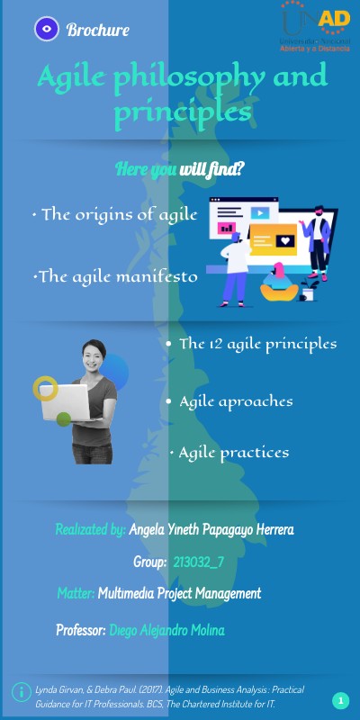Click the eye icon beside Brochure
click(47, 30)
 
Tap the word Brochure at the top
click(98, 31)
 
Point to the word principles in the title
click(182, 113)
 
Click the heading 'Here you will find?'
click(181, 170)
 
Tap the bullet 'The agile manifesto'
click(115, 277)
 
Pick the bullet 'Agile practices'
click(232, 452)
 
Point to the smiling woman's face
click(93, 357)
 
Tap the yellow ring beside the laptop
click(45, 388)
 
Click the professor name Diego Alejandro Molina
click(166, 630)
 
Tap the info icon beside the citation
click(20, 691)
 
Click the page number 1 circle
click(340, 700)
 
